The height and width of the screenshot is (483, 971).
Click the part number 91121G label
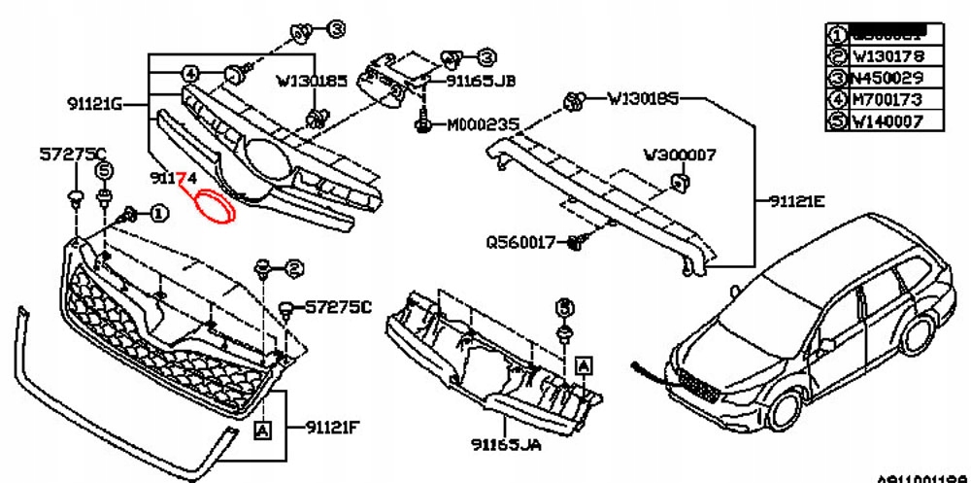point(93,102)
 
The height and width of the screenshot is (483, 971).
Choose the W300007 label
point(680,155)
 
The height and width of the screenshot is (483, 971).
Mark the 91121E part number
point(795,202)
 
